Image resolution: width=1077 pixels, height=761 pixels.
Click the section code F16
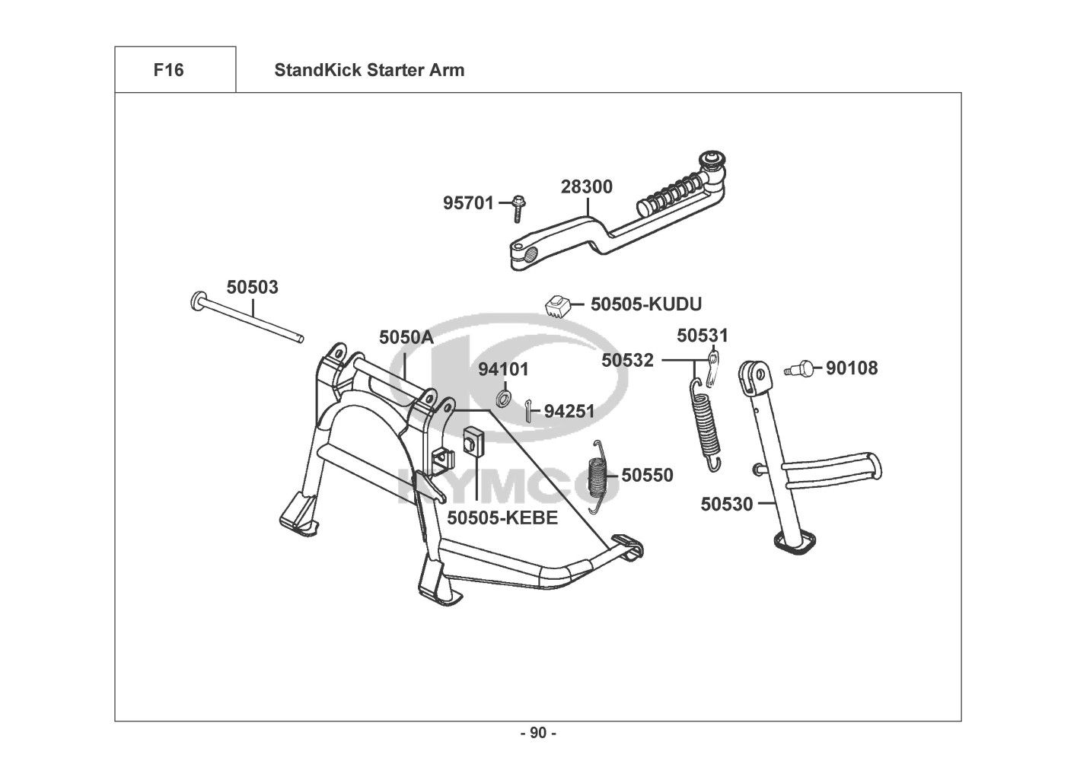pyautogui.click(x=169, y=70)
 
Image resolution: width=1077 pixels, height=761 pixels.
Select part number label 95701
pyautogui.click(x=468, y=203)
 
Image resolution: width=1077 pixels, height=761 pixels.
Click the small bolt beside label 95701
pyautogui.click(x=518, y=209)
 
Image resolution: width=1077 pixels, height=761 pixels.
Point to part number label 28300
pyautogui.click(x=587, y=186)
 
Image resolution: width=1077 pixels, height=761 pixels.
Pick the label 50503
pyautogui.click(x=253, y=287)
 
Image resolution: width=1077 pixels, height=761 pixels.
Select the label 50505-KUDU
pyautogui.click(x=646, y=304)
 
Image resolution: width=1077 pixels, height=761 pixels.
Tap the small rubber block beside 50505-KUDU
pyautogui.click(x=558, y=306)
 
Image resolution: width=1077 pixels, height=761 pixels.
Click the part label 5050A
pyautogui.click(x=406, y=337)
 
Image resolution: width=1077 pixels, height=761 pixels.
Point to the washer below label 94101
pyautogui.click(x=503, y=398)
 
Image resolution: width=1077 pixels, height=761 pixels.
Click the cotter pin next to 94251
pyautogui.click(x=528, y=411)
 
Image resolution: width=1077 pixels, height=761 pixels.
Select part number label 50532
pyautogui.click(x=627, y=360)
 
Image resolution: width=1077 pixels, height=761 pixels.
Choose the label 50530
pyautogui.click(x=726, y=504)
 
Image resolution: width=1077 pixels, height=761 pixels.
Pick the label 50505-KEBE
pyautogui.click(x=502, y=517)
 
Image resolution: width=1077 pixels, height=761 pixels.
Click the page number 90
pyautogui.click(x=539, y=733)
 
